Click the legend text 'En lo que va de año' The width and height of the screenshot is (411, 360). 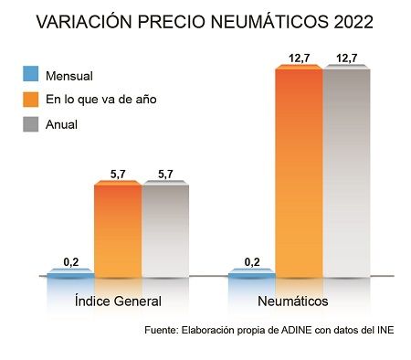click(x=107, y=99)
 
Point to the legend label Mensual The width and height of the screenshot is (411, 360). click(x=80, y=75)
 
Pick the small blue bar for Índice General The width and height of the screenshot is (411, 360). click(x=70, y=271)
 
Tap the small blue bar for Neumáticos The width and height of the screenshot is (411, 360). click(x=251, y=271)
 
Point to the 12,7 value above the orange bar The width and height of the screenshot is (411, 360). click(x=299, y=58)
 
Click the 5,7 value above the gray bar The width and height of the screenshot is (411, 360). click(x=165, y=174)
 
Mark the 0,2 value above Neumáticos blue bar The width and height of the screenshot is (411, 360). click(x=251, y=261)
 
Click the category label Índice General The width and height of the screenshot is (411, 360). click(x=117, y=301)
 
